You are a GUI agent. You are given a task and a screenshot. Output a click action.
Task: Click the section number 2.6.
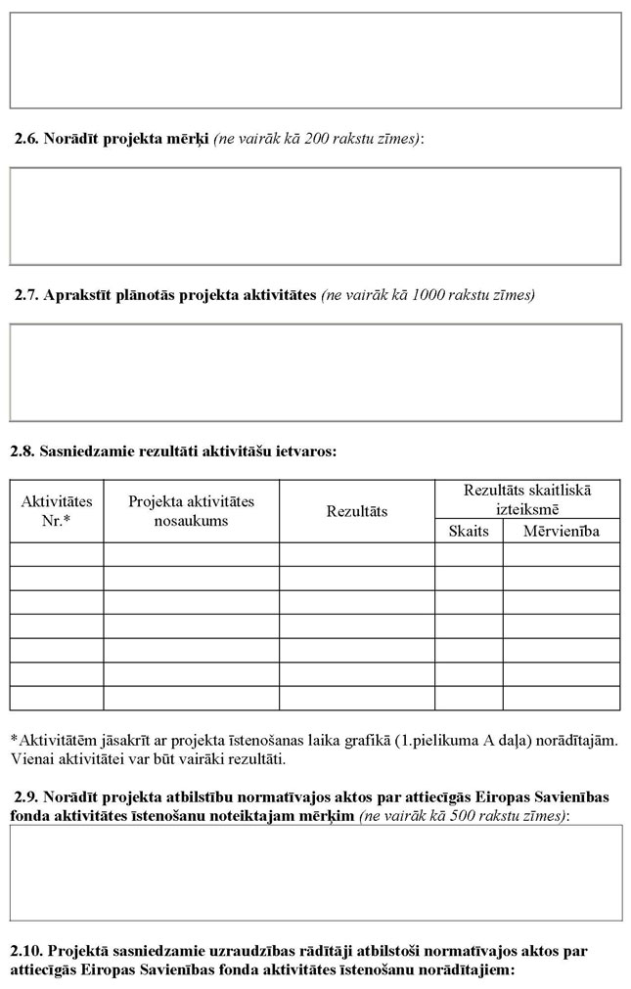[26, 140]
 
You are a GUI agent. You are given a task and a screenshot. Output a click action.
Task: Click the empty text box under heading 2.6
[315, 216]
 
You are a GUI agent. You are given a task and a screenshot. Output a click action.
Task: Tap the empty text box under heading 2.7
[315, 372]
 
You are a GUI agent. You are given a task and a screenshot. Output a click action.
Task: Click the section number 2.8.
[23, 451]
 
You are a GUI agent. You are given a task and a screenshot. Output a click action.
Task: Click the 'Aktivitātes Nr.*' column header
[57, 511]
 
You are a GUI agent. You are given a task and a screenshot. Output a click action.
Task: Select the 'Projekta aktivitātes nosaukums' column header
[191, 511]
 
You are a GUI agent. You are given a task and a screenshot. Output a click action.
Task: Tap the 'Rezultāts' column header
[356, 511]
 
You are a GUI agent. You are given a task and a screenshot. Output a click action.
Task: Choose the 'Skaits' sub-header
[469, 531]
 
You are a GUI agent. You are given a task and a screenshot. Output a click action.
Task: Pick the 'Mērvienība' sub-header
[561, 531]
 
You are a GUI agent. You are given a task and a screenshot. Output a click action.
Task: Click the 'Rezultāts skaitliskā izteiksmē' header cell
[526, 498]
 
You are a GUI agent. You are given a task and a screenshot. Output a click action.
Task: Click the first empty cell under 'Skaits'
[469, 554]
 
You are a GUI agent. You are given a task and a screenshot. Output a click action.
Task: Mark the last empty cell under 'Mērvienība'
[561, 698]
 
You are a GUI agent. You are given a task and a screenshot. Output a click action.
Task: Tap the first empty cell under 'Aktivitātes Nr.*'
[57, 554]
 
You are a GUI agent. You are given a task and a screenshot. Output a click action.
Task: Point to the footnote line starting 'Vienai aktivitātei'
[148, 758]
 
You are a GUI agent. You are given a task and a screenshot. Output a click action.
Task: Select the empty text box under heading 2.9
[315, 872]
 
